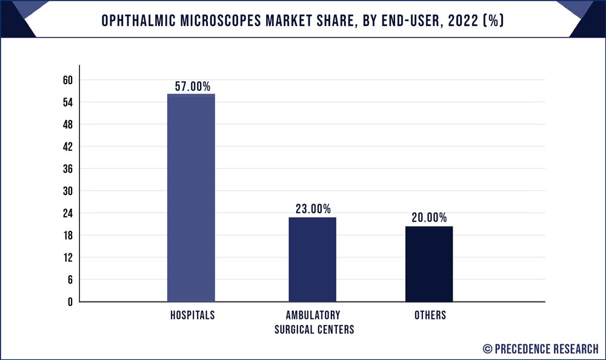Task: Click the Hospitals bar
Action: tap(191, 198)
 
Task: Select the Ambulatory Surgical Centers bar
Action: tap(312, 259)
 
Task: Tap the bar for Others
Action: tap(429, 264)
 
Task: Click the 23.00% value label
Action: tap(313, 210)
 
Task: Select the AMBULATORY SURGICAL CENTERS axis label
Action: tap(313, 322)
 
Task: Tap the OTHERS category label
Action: tap(430, 316)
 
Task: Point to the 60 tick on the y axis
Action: tap(67, 81)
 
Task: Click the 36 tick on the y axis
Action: tap(67, 169)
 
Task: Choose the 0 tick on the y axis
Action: tap(70, 302)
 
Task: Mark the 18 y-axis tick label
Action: tap(67, 235)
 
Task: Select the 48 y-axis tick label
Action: tap(67, 125)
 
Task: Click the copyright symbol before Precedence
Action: tap(487, 348)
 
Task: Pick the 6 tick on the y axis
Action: tap(70, 279)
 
